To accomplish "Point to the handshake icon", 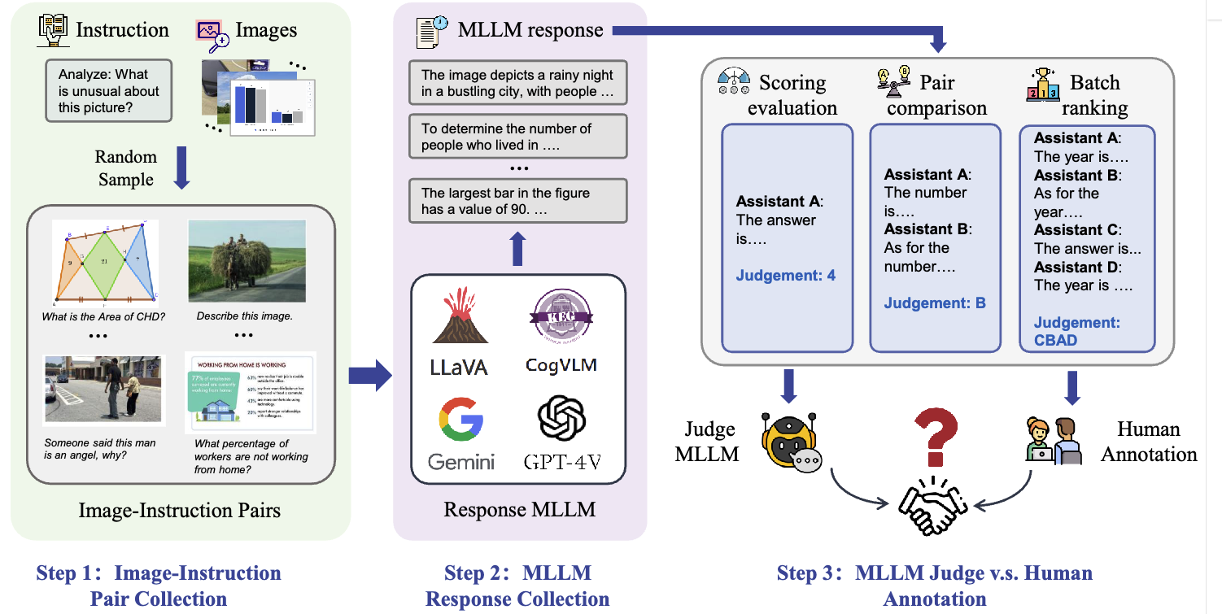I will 932,505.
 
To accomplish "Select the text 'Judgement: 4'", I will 785,276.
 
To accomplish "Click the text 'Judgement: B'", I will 935,303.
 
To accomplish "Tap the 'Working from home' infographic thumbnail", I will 251,393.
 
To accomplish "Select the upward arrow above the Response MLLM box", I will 518,248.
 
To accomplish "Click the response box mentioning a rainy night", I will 517,83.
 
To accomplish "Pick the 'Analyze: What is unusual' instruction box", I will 109,91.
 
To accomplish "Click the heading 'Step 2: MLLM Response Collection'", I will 517,586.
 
